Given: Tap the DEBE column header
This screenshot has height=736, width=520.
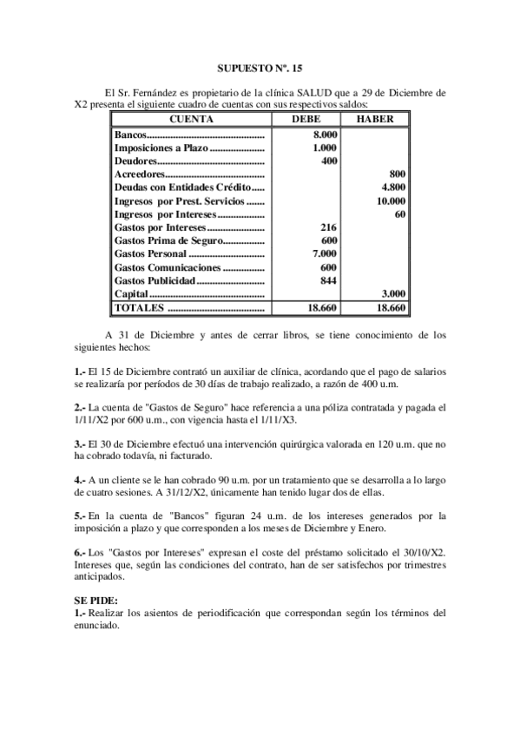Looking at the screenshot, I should [x=311, y=119].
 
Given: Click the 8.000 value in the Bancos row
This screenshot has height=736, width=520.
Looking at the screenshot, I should [x=325, y=135].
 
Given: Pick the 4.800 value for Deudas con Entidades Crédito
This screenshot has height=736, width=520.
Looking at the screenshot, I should [x=393, y=187].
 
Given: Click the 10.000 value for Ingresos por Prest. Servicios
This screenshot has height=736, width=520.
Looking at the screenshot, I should [x=391, y=200].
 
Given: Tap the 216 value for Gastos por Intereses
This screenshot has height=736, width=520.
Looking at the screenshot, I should [x=329, y=227].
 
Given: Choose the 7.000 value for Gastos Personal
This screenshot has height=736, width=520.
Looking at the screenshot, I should [x=325, y=253].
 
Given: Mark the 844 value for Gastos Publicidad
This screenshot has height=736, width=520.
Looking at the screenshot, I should [x=329, y=280].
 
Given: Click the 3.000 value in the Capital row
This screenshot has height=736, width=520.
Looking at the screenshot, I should [x=393, y=293].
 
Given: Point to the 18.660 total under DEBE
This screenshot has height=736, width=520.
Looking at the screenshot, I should [x=322, y=307].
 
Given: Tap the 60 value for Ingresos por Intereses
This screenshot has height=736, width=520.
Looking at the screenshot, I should [x=400, y=214].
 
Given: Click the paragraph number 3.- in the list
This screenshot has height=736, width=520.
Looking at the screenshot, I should [x=80, y=443].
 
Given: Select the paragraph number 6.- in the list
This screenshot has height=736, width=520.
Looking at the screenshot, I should [x=80, y=552].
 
